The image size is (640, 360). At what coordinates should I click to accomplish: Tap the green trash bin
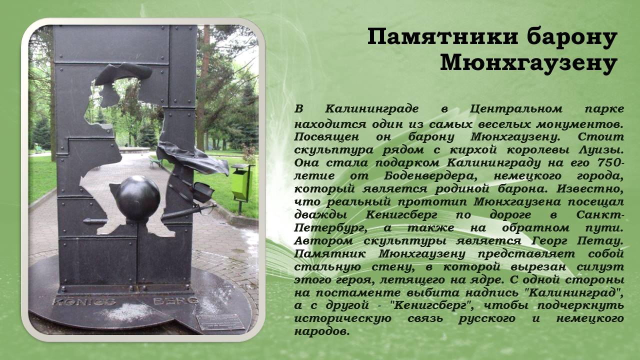[x=240, y=182]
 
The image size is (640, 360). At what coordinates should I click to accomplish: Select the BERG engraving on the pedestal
[x=175, y=301]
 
